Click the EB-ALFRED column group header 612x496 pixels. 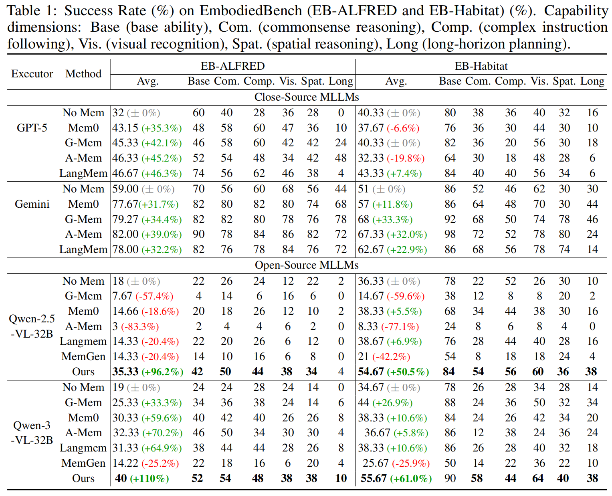(x=232, y=67)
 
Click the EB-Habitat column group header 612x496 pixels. (x=481, y=67)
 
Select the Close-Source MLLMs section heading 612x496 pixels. (x=307, y=97)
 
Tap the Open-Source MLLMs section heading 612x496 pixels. (x=307, y=265)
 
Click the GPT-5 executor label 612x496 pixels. (x=32, y=128)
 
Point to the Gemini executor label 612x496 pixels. (x=32, y=204)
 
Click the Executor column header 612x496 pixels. (x=32, y=74)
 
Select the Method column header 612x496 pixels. (x=83, y=74)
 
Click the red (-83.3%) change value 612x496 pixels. (x=140, y=326)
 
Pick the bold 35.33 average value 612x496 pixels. (x=125, y=372)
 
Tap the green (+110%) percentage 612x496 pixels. (x=149, y=478)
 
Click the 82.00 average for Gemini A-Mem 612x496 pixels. (x=125, y=234)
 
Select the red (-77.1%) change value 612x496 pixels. (x=400, y=326)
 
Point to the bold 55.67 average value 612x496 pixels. (x=374, y=478)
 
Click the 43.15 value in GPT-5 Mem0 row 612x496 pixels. (x=125, y=128)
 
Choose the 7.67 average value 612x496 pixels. (x=122, y=296)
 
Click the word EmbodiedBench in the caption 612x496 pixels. (x=251, y=11)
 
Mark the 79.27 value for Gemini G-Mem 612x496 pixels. (x=125, y=219)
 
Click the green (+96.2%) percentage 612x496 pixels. (x=162, y=372)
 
